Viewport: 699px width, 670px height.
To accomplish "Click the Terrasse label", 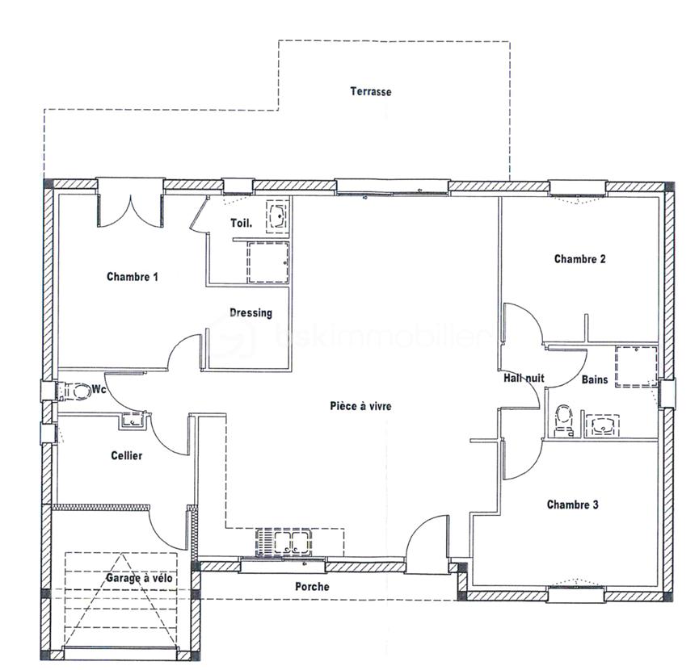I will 371,91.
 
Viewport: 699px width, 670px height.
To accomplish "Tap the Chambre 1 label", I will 133,277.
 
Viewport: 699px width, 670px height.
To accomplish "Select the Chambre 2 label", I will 579,259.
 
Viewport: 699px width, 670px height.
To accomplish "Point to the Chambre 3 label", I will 572,505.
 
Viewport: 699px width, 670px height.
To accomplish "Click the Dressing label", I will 251,313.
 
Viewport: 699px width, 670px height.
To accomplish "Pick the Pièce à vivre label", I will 360,406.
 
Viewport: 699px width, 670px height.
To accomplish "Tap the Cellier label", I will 127,456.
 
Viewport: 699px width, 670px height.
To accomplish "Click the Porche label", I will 312,587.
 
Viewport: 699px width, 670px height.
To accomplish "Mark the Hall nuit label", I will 524,378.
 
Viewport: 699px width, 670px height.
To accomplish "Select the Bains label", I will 595,378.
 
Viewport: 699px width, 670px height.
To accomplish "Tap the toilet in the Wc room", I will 79,392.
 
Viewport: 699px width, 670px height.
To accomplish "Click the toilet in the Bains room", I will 564,421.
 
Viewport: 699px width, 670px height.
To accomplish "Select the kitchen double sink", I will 283,542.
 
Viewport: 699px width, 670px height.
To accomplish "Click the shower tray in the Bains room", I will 636,366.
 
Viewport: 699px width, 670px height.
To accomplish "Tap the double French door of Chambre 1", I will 130,205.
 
